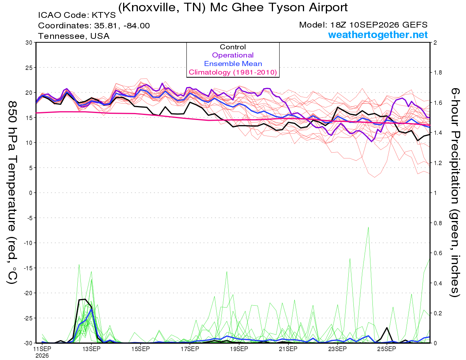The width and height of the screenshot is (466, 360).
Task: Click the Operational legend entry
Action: point(233,55)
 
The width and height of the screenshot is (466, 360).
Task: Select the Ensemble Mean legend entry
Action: point(233,64)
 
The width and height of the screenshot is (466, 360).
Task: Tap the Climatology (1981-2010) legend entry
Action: point(233,72)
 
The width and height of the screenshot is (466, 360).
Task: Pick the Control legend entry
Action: point(233,47)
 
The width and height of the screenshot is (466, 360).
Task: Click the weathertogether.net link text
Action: point(378,35)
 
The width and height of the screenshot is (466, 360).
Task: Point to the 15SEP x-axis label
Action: point(141,349)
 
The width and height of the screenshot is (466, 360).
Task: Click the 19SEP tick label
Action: point(239,349)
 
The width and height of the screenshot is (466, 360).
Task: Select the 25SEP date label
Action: point(387,349)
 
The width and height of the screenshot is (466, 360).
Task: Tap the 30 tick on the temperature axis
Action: point(29,43)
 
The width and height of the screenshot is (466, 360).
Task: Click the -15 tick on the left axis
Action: point(28,268)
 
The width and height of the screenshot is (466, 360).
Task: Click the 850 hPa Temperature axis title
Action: point(12,193)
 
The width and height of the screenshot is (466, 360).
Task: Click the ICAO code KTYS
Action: point(104,15)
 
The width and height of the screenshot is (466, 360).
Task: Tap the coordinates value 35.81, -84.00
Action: point(122,26)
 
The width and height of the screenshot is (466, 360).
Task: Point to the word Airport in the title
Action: point(328,8)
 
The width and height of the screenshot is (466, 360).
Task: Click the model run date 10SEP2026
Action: point(374,25)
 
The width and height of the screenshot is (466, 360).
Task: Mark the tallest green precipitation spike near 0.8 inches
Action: point(369,227)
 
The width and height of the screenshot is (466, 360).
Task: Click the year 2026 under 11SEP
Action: point(42,356)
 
